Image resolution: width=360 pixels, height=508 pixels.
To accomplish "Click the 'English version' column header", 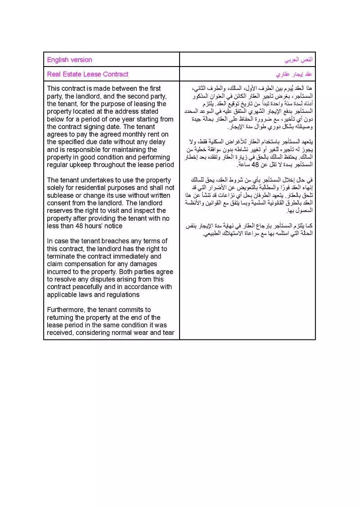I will click(69, 60).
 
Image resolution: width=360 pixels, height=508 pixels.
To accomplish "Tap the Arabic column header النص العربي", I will click(298, 60).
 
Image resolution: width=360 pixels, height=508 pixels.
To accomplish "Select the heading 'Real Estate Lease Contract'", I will click(88, 74).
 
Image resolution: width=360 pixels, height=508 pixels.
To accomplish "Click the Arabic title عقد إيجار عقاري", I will click(294, 74).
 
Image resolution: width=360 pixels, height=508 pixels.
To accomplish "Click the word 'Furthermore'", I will click(66, 310).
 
